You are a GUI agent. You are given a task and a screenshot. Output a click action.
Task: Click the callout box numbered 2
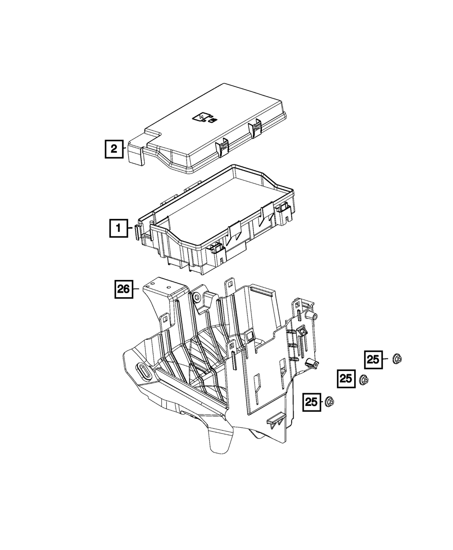[114, 149]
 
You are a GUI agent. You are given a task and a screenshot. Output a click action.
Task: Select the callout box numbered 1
[119, 228]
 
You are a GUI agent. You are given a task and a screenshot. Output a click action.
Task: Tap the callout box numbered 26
[124, 289]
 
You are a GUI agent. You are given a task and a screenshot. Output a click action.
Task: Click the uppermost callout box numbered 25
[373, 360]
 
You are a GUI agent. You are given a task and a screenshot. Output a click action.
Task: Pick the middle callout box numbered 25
[346, 379]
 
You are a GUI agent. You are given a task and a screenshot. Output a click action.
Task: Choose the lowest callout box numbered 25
[312, 402]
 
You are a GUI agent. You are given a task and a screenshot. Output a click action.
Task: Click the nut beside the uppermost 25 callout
[397, 359]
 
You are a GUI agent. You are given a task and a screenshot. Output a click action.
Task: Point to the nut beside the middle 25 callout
[364, 380]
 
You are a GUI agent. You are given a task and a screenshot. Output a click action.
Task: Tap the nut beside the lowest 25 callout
[329, 401]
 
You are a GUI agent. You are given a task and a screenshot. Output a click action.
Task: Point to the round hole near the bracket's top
[197, 298]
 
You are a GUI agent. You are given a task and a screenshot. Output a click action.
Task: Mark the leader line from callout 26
[136, 289]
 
